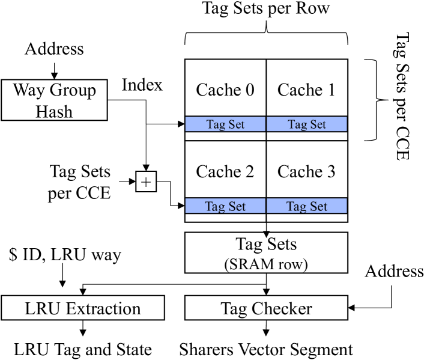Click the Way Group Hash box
[x=54, y=100]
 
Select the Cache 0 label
[x=225, y=90]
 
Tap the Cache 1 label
[x=307, y=90]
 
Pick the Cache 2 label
[x=225, y=172]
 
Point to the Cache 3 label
[x=307, y=172]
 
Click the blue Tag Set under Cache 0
[x=225, y=124]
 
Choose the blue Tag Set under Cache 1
[x=307, y=124]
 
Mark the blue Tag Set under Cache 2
[x=225, y=206]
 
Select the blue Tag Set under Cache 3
[x=307, y=206]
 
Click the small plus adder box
[x=146, y=180]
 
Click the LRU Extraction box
[x=83, y=309]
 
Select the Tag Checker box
[x=266, y=309]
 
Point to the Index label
[x=142, y=85]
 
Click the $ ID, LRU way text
[x=65, y=255]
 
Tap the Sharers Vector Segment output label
[x=266, y=349]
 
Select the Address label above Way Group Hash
[x=54, y=49]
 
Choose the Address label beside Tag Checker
[x=395, y=271]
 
